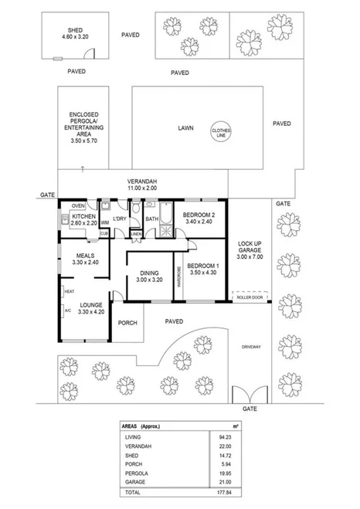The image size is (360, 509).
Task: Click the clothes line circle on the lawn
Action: tap(222, 131)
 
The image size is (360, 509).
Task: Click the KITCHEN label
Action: tap(83, 218)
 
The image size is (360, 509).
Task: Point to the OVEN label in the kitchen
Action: tap(78, 205)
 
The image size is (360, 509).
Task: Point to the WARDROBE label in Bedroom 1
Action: tap(180, 277)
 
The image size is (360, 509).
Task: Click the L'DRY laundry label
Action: tap(119, 219)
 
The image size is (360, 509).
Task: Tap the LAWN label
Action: tap(184, 128)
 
